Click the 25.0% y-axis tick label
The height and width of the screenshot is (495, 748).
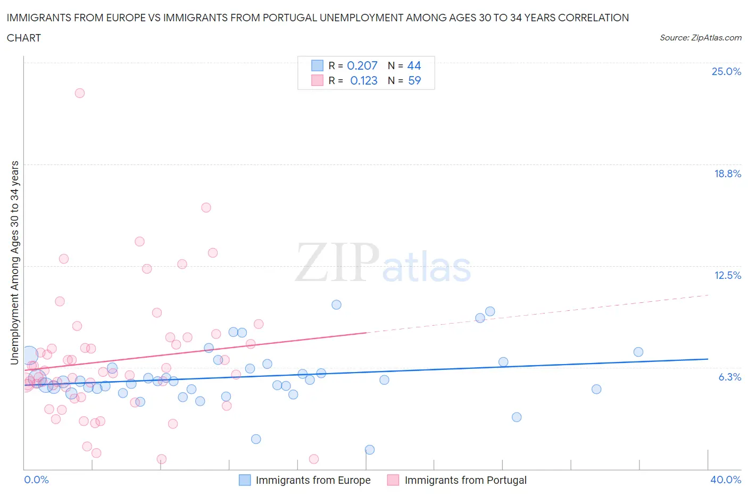tap(726, 71)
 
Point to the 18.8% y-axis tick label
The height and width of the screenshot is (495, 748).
tap(727, 174)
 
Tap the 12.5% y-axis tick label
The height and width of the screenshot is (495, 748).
tap(727, 275)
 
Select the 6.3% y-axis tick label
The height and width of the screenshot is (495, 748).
tap(729, 377)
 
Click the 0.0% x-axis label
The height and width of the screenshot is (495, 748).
tap(36, 480)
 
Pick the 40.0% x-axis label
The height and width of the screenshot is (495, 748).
tap(726, 480)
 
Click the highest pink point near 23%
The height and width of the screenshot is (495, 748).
tap(80, 93)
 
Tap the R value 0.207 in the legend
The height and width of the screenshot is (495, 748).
tap(362, 65)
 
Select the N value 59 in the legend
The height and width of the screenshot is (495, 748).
tap(414, 80)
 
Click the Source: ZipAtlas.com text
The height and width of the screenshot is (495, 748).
tap(700, 37)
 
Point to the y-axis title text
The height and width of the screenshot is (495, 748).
tap(14, 263)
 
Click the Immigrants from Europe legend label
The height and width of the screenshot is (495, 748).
tap(313, 480)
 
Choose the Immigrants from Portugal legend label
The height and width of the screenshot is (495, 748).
tap(466, 480)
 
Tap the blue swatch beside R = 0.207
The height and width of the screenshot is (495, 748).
tap(317, 65)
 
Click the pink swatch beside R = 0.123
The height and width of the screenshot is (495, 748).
tap(317, 80)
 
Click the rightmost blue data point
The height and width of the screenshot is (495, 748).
tap(638, 352)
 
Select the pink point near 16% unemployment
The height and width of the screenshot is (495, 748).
tap(206, 208)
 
